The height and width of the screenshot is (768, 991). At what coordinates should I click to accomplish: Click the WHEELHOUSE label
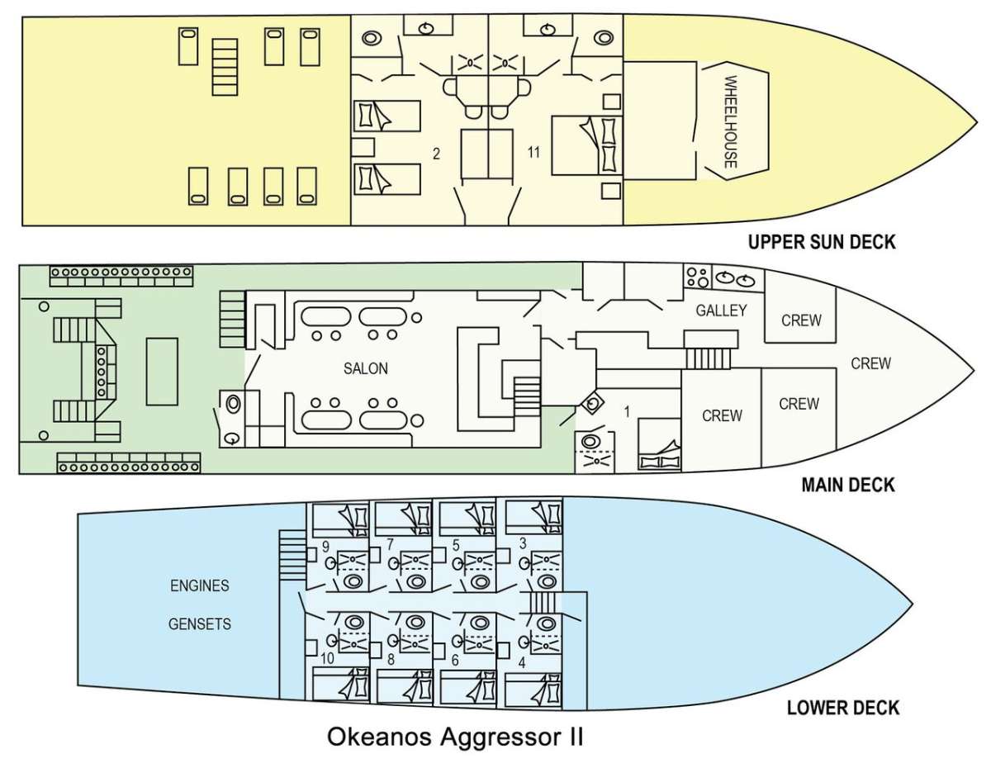tap(731, 121)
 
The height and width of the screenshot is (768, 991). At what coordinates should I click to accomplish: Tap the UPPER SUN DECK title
tap(822, 242)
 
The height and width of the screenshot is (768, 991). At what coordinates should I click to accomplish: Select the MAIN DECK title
tap(848, 484)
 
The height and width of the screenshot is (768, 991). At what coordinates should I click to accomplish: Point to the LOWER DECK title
tap(843, 708)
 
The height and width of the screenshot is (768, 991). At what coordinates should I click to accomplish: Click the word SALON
tap(366, 368)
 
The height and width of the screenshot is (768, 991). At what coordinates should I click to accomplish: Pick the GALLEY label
tap(721, 311)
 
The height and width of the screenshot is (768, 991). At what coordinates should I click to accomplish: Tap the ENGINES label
tap(200, 585)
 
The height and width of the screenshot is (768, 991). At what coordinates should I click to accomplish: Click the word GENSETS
tap(200, 623)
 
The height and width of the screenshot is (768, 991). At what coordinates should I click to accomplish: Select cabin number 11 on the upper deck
tap(533, 152)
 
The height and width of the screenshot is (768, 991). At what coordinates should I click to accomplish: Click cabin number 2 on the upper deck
tap(436, 154)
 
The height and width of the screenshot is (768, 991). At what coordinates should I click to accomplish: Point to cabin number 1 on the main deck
tap(627, 412)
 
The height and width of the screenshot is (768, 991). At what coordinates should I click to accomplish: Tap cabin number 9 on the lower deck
tap(325, 547)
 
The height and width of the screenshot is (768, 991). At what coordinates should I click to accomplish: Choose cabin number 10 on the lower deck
tap(328, 658)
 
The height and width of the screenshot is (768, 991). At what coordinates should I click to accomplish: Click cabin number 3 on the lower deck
tap(523, 543)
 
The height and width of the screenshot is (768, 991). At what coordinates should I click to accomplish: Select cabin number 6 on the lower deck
tap(454, 660)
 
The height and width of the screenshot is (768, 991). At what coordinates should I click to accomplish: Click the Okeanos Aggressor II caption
tap(455, 737)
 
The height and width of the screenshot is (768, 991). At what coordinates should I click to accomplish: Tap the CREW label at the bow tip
tap(870, 363)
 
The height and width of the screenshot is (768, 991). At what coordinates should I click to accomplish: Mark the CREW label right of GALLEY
tap(801, 320)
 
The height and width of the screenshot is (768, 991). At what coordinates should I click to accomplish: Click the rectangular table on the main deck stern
tap(162, 372)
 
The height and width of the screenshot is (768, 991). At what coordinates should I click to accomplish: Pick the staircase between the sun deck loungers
tap(225, 67)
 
